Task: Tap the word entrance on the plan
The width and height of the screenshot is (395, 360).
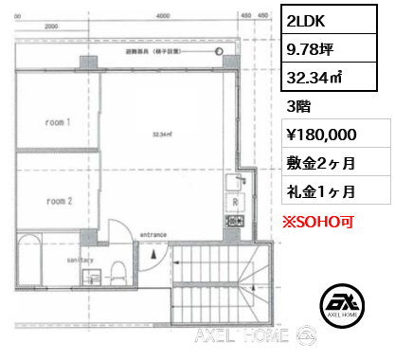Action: [x=154, y=233]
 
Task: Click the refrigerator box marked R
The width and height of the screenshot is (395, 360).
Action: [x=233, y=202]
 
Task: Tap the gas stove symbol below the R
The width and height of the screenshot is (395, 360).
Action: [x=232, y=221]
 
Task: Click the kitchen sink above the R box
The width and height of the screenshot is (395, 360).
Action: [x=232, y=183]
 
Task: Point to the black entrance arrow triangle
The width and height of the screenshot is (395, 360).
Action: [x=153, y=254]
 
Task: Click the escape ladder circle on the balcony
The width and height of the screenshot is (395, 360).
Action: [x=217, y=52]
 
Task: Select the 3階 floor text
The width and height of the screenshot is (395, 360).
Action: [x=297, y=107]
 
